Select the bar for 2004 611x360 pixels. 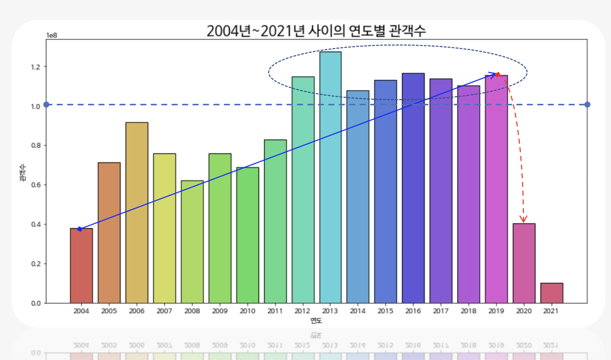(81, 265)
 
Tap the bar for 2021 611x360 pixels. (552, 293)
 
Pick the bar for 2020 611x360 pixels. (524, 263)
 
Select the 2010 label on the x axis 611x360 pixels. (247, 311)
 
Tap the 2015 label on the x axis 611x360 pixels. (385, 311)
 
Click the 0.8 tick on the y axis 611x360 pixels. (36, 145)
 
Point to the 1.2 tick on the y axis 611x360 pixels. (36, 66)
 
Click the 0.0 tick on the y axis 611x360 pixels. (36, 303)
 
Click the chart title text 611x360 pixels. (316, 31)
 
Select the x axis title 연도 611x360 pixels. (316, 321)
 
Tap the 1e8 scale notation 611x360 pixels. (52, 35)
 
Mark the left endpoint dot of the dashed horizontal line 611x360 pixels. (46, 105)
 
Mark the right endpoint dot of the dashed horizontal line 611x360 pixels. (587, 105)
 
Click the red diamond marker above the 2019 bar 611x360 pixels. (498, 75)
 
